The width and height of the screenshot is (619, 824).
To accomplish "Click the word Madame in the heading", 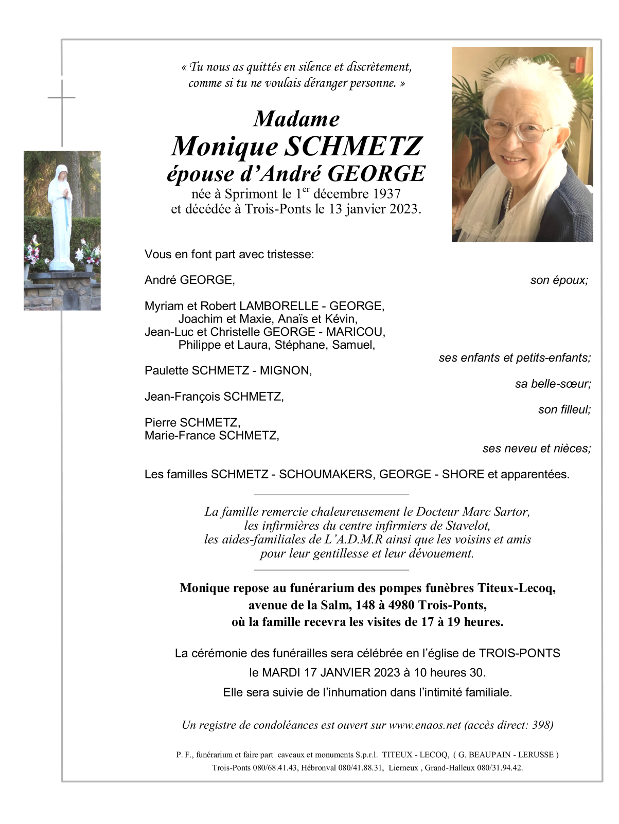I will point(296,119).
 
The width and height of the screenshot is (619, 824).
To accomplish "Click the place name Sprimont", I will point(251,194).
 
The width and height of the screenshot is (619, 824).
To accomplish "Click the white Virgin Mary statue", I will point(61,216).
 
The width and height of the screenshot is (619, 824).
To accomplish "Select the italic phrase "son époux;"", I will point(559,280).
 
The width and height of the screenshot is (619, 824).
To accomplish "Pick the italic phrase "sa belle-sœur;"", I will point(553,384).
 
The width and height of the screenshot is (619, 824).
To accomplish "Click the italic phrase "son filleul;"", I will point(564,409).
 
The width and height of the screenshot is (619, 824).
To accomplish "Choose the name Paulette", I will point(166,371).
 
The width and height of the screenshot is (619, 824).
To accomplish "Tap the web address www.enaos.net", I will point(425,725).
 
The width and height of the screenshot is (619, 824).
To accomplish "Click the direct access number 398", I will point(541,725).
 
